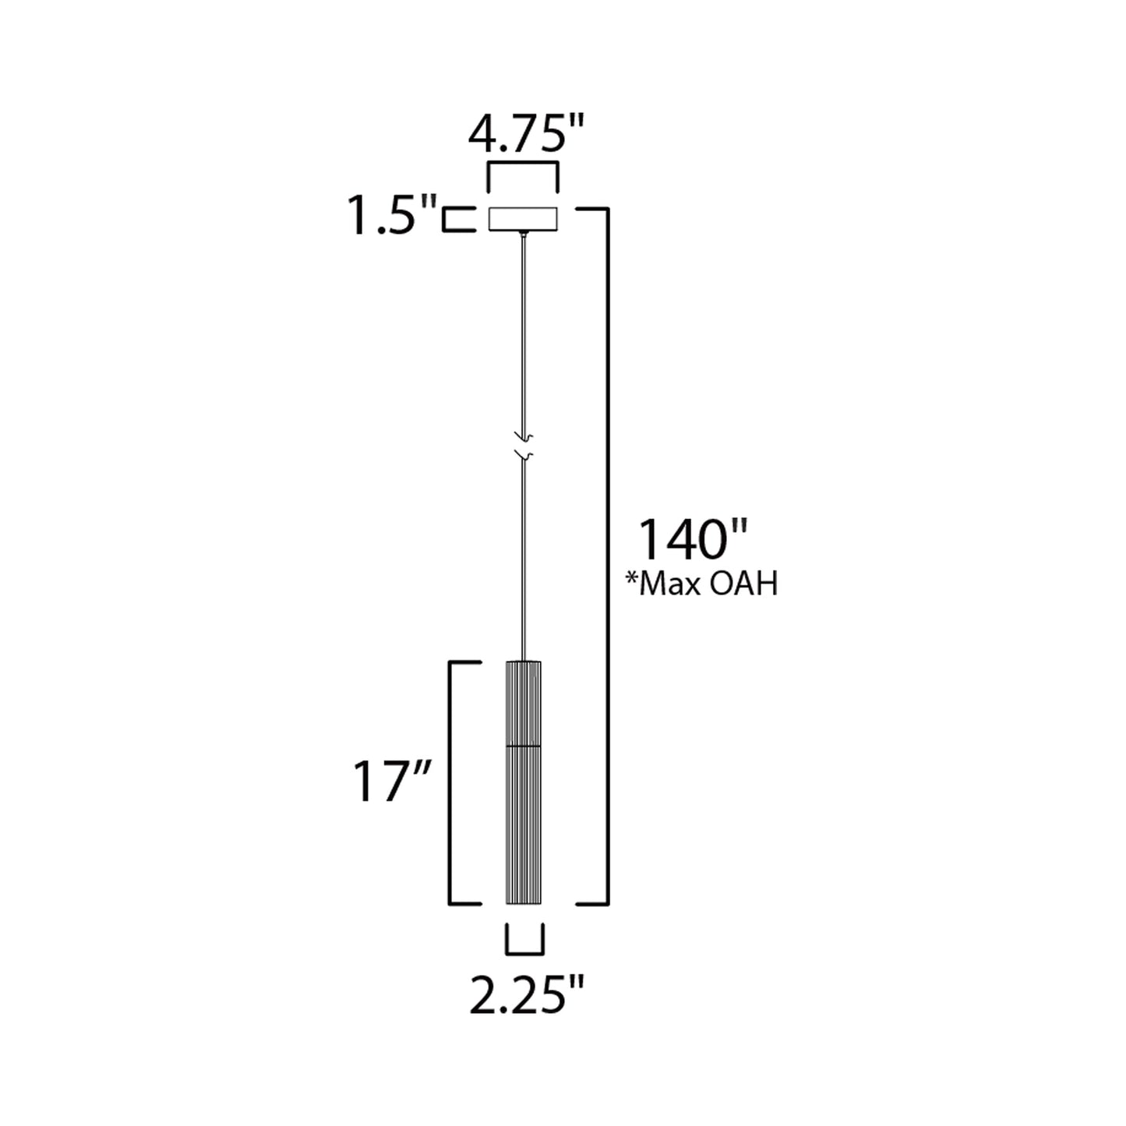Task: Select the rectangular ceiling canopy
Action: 522,219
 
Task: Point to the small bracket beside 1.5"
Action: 458,219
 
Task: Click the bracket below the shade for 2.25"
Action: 524,950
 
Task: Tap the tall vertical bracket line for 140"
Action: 607,556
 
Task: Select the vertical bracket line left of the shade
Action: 450,782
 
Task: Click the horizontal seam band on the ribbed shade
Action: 524,747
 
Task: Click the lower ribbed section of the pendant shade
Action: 524,826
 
